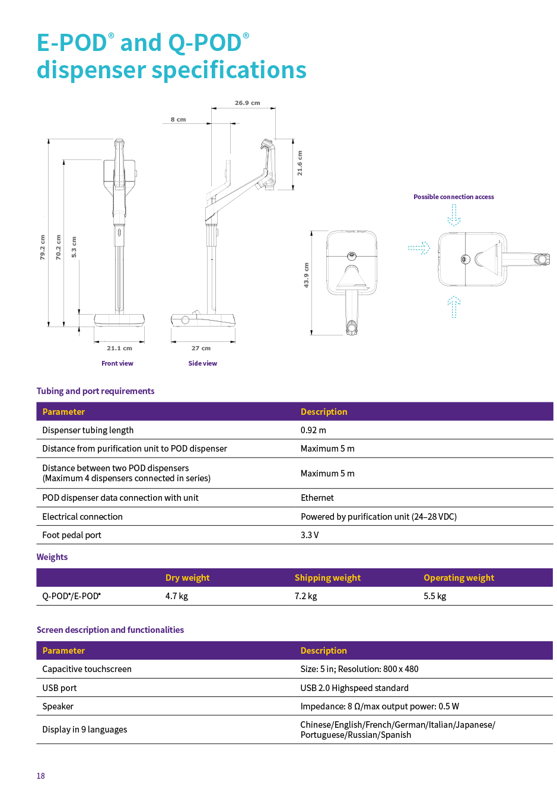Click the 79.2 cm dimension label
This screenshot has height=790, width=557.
[42, 247]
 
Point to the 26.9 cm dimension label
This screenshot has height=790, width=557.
[247, 103]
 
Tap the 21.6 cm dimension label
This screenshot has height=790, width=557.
[300, 163]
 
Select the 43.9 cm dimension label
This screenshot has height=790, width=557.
[306, 275]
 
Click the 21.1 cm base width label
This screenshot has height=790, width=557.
[119, 348]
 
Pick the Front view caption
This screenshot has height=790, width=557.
[117, 363]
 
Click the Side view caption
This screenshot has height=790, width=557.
[202, 363]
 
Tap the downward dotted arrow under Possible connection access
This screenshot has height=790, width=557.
[454, 215]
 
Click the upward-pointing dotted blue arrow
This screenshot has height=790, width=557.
[454, 306]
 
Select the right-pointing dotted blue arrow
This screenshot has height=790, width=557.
[419, 248]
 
